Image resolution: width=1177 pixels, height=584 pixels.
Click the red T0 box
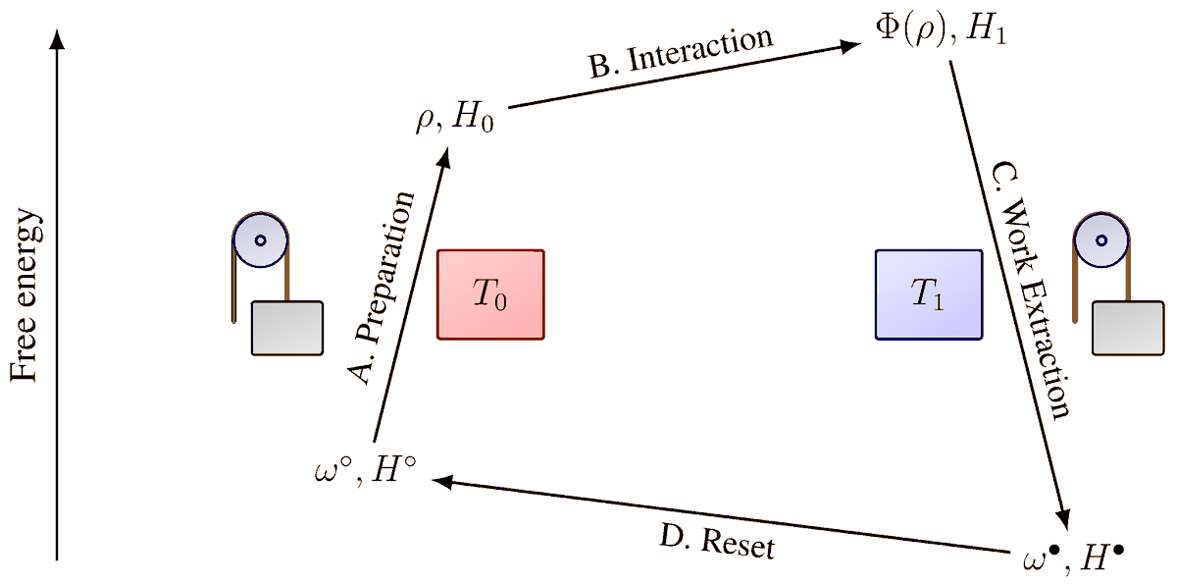[490, 295]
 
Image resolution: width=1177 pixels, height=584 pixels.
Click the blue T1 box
[928, 295]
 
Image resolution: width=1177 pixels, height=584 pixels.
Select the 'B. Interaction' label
[681, 53]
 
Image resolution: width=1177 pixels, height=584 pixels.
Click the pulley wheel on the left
[261, 239]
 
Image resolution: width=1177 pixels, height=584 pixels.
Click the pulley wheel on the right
[1102, 239]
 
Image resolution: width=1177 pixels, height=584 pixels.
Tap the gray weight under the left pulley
[287, 327]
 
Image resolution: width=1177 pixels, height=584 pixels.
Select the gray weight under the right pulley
[1129, 327]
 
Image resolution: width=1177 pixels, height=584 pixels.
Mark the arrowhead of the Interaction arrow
[851, 44]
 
